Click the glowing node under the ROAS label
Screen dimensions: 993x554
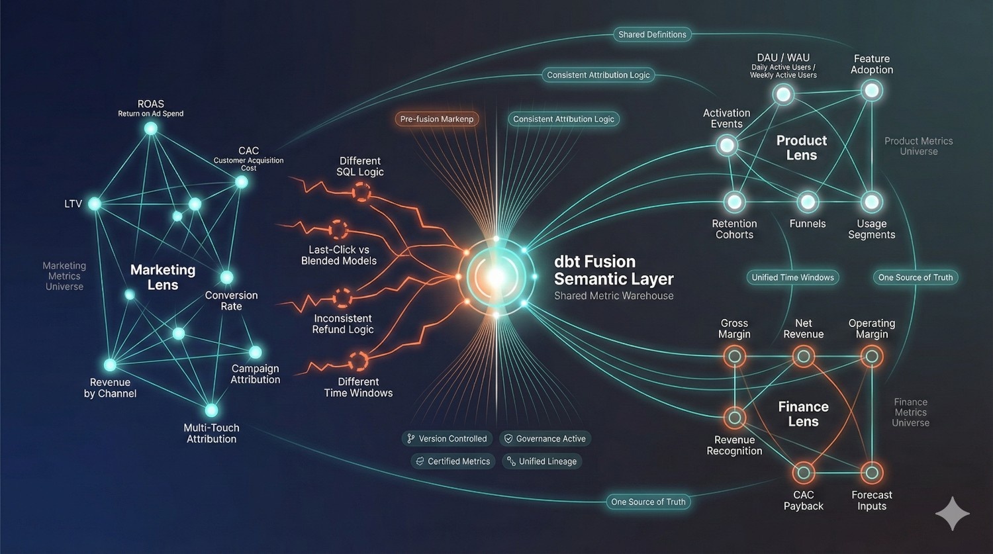coord(151,128)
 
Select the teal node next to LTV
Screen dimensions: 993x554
coord(95,204)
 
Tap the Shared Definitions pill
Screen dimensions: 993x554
coord(652,34)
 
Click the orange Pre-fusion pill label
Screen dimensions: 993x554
coord(437,118)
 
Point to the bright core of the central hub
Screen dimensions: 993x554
coord(496,277)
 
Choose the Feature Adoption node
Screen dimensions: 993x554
coord(872,91)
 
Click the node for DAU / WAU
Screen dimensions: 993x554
coord(783,95)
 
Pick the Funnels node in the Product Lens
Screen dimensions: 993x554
coord(807,202)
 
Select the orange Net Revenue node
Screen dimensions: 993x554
coord(803,356)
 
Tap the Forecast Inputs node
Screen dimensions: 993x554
coord(872,473)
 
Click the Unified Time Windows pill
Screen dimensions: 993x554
coord(792,277)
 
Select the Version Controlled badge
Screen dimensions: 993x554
coord(447,439)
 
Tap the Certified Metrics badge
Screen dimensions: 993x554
coord(453,461)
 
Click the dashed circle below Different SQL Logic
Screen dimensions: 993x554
coord(361,193)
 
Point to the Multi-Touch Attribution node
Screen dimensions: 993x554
coord(211,410)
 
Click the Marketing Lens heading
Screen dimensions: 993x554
coord(163,277)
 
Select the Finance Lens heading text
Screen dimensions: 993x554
coord(803,414)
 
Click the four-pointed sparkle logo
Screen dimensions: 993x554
coord(953,514)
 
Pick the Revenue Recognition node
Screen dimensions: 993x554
coord(735,418)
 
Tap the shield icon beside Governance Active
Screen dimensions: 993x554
coord(508,439)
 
